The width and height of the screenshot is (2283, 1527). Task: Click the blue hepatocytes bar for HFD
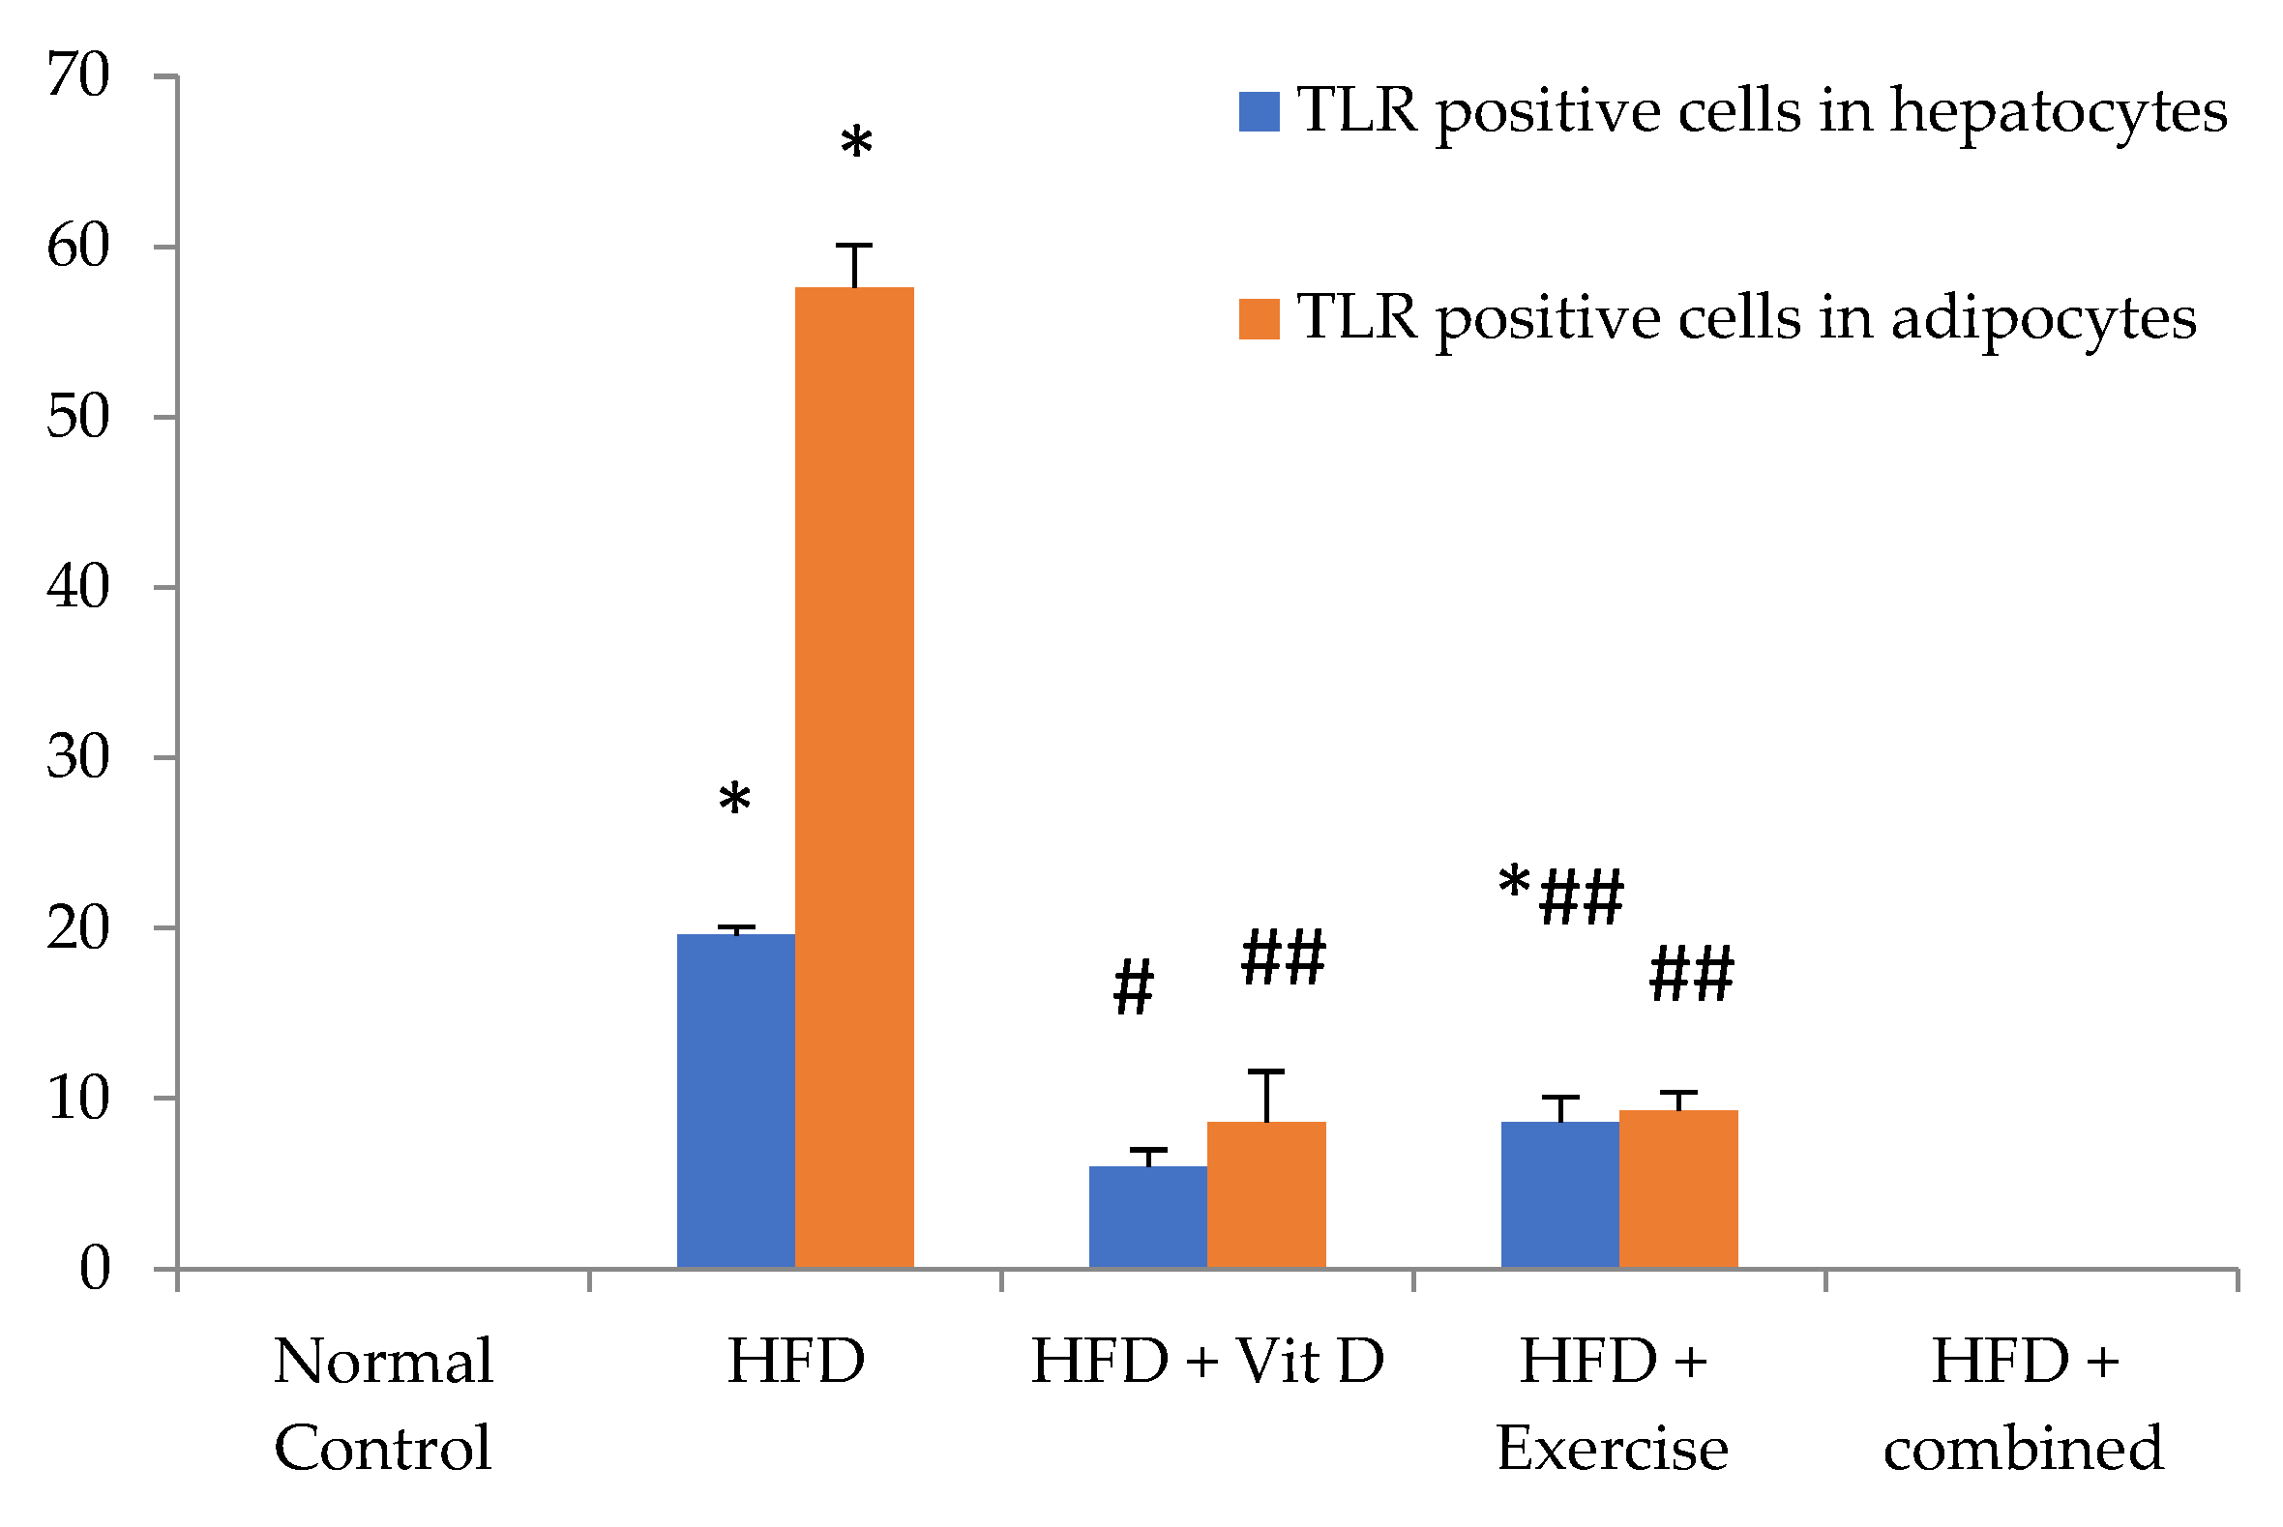pyautogui.click(x=735, y=1101)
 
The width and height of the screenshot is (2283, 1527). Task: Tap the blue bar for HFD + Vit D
pyautogui.click(x=1147, y=1217)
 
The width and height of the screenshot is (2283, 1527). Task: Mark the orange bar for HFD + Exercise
pyautogui.click(x=1678, y=1189)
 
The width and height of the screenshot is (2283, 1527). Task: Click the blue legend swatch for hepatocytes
pyautogui.click(x=1259, y=112)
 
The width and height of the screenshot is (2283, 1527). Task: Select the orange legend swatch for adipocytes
pyautogui.click(x=1259, y=319)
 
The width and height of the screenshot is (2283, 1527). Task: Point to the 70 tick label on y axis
pyautogui.click(x=78, y=76)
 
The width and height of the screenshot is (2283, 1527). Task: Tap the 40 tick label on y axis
pyautogui.click(x=78, y=587)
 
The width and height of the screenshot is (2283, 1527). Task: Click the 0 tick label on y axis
pyautogui.click(x=95, y=1269)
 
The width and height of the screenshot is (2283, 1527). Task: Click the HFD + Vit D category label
pyautogui.click(x=1207, y=1362)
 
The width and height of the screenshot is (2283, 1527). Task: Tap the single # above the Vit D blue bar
pyautogui.click(x=1133, y=987)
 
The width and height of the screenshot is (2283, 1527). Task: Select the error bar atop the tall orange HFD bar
pyautogui.click(x=854, y=265)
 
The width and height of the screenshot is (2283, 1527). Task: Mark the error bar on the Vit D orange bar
pyautogui.click(x=1266, y=1096)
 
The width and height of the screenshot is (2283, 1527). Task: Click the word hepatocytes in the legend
pyautogui.click(x=2058, y=112)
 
